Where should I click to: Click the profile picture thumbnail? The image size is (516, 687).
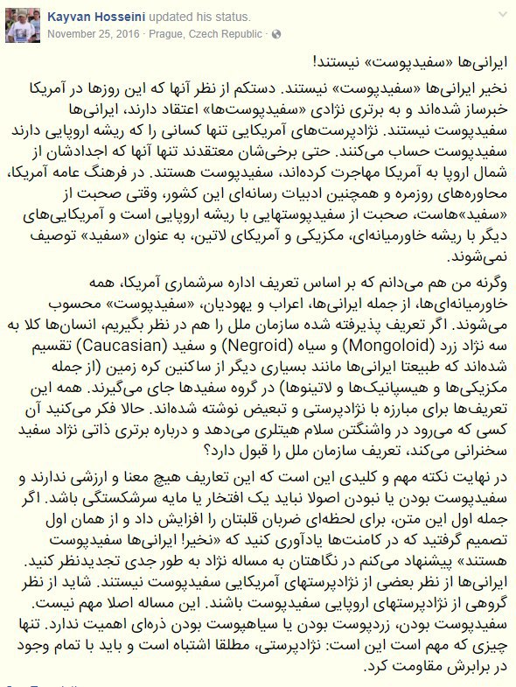click(x=20, y=24)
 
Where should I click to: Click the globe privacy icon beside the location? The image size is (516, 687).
click(x=276, y=33)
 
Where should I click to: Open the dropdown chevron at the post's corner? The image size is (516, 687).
click(x=503, y=15)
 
